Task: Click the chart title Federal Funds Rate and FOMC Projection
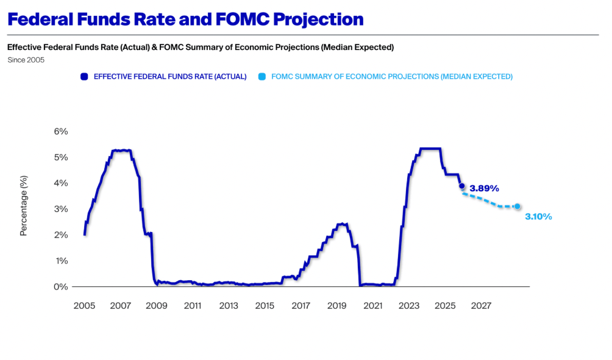coord(185,19)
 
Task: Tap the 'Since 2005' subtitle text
coord(26,60)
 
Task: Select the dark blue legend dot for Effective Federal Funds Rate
coord(84,77)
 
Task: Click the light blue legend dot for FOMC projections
coord(262,77)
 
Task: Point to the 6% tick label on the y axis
coord(62,131)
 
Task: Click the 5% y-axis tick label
coord(62,157)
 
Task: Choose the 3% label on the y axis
coord(62,209)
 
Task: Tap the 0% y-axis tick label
coord(62,286)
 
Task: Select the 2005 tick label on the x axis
coord(84,305)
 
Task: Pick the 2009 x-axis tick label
coord(157,305)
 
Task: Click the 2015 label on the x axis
coord(265,305)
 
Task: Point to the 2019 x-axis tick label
coord(336,305)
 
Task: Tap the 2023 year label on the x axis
coord(409,305)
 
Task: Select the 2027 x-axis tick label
coord(481,305)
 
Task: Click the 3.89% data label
coord(485,189)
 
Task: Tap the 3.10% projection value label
coord(538,216)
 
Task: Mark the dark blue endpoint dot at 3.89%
coord(461,186)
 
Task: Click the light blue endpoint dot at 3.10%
coord(518,206)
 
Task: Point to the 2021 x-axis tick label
coord(372,305)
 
